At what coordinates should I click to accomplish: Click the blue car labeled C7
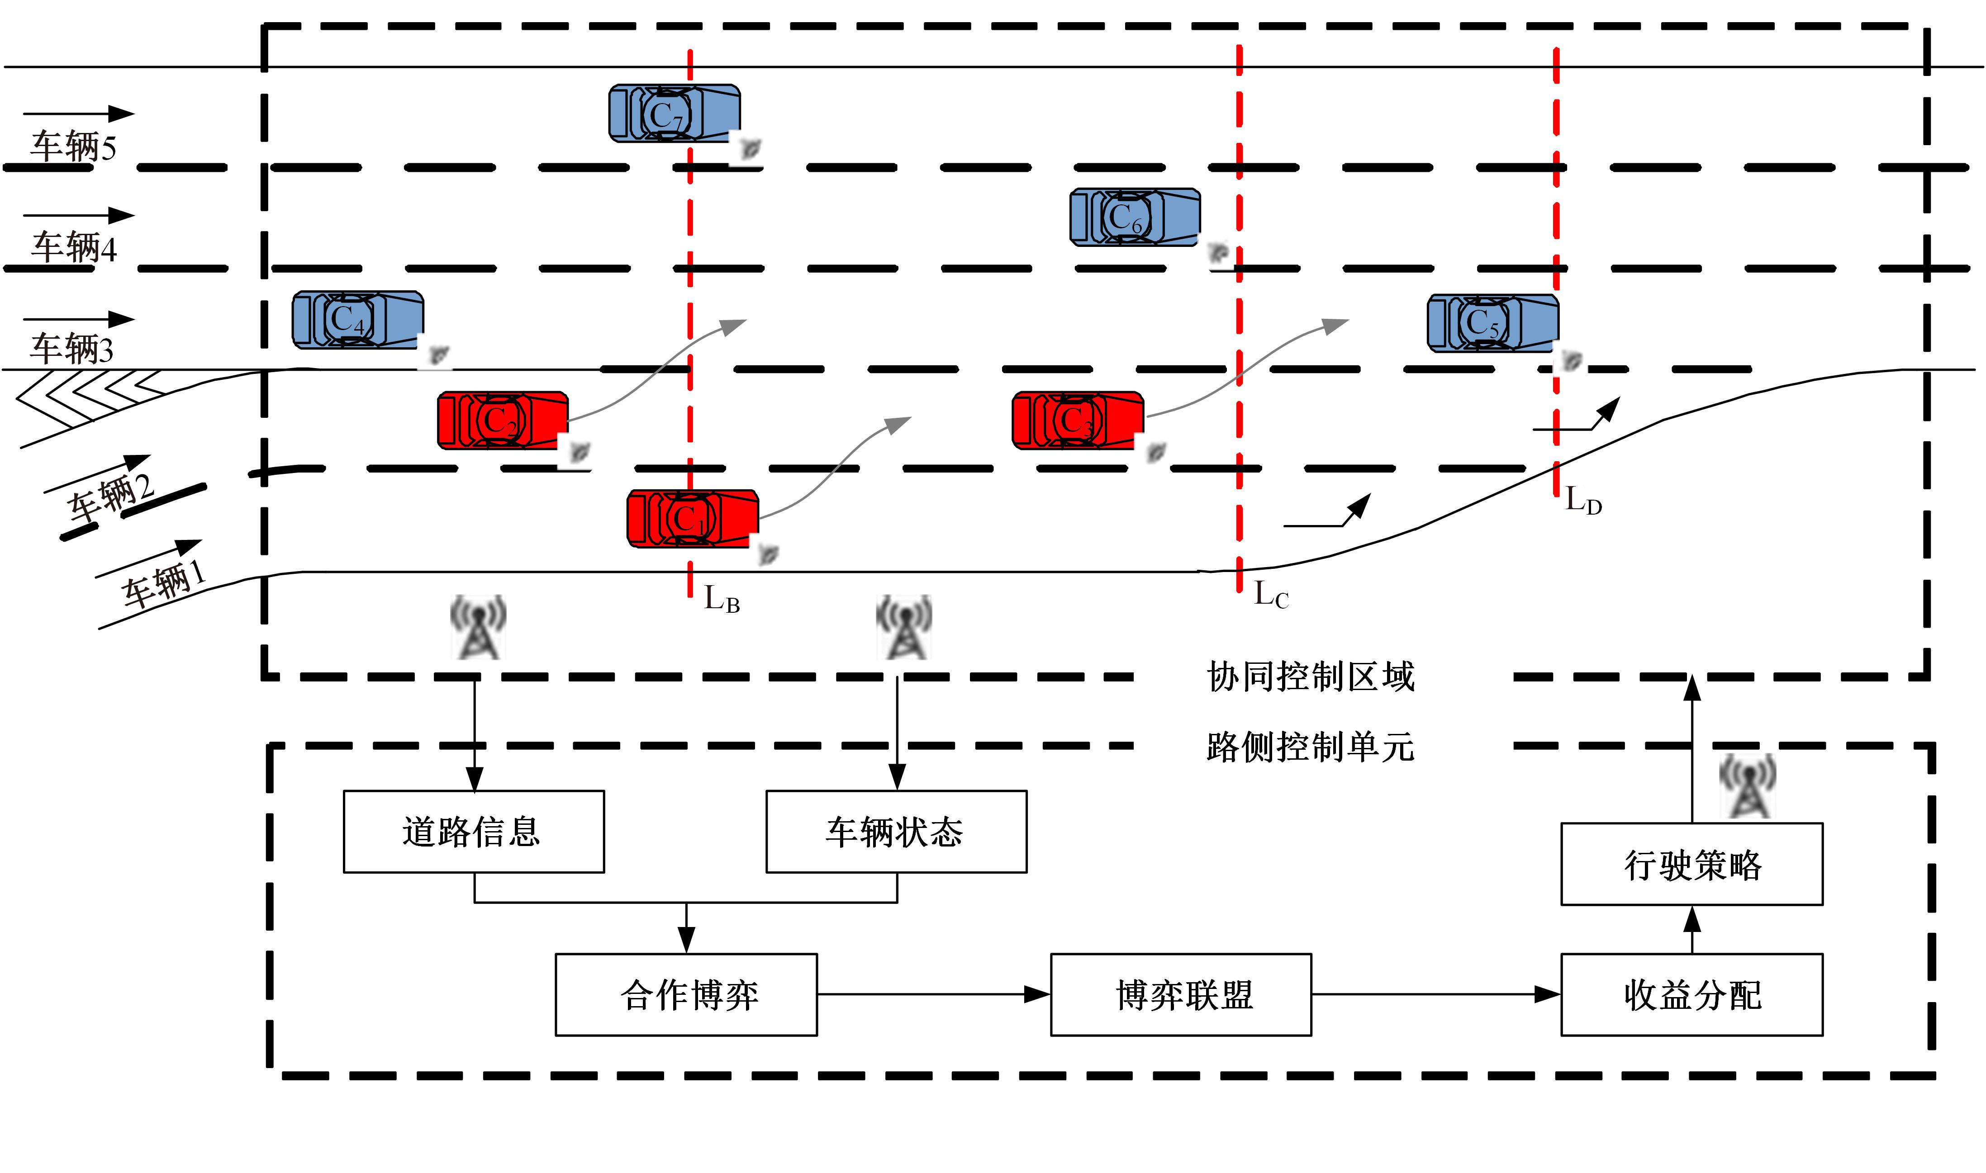point(674,114)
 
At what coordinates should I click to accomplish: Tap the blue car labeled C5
point(1492,322)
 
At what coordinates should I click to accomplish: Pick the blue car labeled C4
point(357,319)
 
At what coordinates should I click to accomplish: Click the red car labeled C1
point(692,519)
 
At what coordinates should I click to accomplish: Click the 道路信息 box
point(474,832)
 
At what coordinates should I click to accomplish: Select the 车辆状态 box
point(896,832)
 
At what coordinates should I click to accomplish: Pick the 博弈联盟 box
point(1180,994)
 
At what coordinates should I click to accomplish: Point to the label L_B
point(721,599)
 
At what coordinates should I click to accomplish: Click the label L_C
point(1270,594)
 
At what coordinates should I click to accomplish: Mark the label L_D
point(1583,500)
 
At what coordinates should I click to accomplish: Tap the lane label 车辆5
point(74,147)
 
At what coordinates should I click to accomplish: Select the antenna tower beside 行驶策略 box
point(1747,786)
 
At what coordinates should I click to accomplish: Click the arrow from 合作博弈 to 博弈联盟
point(933,994)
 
